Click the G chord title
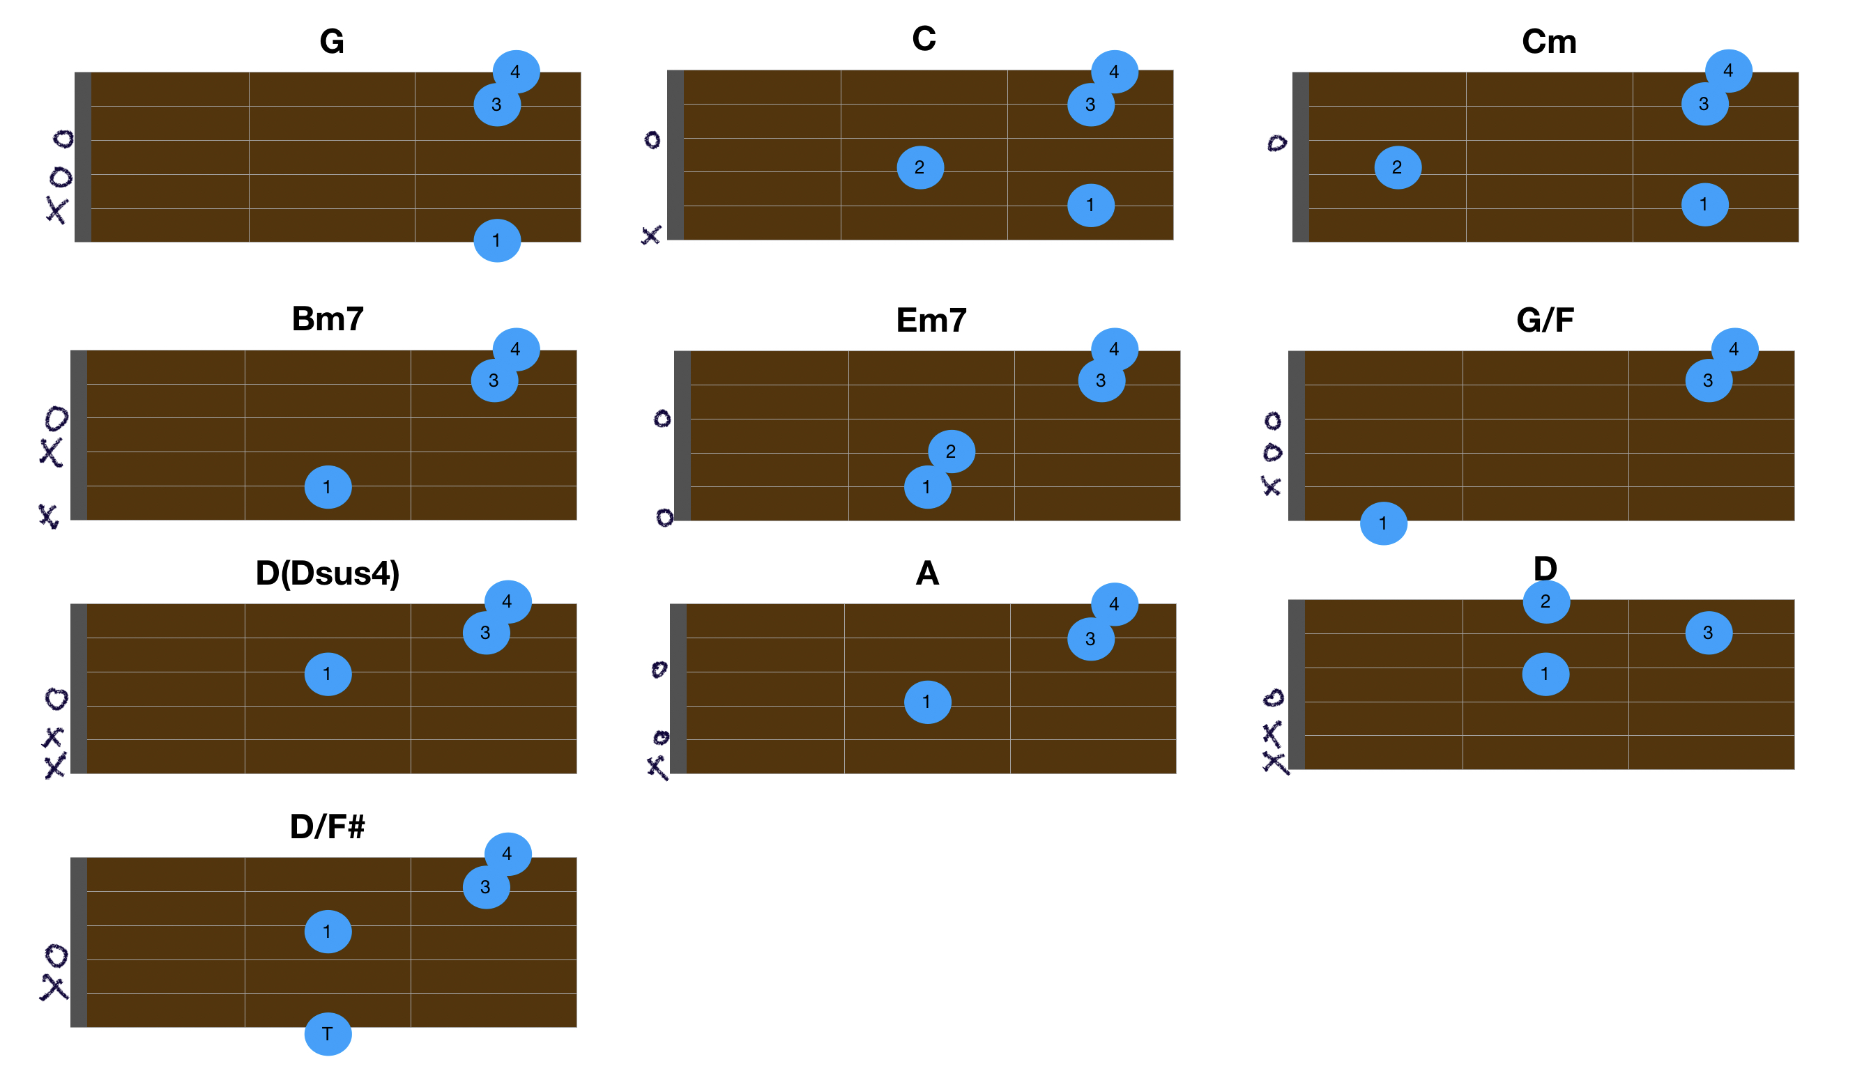click(332, 42)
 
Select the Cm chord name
click(1550, 42)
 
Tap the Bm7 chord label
click(328, 319)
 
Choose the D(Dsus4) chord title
click(328, 573)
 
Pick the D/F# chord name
click(328, 827)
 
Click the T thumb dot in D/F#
click(328, 1034)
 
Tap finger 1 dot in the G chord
click(497, 240)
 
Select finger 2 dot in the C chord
click(920, 168)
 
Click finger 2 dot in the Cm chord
click(1398, 168)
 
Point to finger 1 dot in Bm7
click(328, 487)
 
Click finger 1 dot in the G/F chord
click(1384, 523)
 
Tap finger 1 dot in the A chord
click(927, 702)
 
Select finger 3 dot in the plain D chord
click(1709, 633)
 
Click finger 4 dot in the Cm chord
click(1728, 71)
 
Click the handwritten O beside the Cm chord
click(1277, 143)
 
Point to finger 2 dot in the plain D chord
click(1547, 602)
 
